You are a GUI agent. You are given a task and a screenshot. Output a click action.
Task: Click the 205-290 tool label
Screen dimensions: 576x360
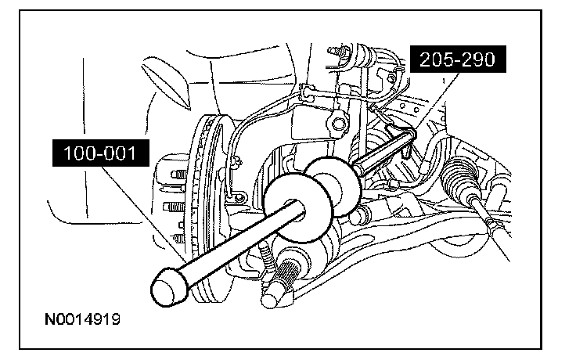click(458, 59)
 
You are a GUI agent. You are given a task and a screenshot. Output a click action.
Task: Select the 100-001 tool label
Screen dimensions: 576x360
click(101, 153)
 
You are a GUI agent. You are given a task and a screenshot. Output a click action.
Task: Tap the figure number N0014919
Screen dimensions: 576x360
click(82, 319)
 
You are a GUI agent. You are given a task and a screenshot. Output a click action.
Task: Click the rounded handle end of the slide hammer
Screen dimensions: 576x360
click(169, 286)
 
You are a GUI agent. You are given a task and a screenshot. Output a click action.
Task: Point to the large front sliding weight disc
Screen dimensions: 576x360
click(297, 208)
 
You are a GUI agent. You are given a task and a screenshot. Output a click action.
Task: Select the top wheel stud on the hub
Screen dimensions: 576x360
click(179, 174)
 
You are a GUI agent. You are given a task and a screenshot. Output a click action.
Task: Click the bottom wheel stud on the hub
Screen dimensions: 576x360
click(179, 239)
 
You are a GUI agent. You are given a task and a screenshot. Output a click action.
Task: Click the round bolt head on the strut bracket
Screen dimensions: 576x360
click(338, 124)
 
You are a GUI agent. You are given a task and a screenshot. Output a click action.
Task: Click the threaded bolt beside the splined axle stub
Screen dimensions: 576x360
click(267, 260)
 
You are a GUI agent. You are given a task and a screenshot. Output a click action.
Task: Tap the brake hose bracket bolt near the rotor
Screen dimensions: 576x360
click(239, 198)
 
